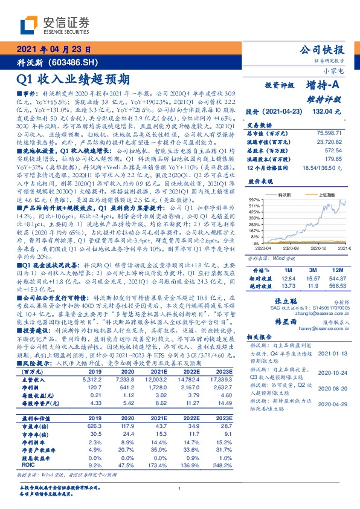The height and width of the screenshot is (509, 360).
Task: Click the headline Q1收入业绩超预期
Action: click(x=74, y=79)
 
